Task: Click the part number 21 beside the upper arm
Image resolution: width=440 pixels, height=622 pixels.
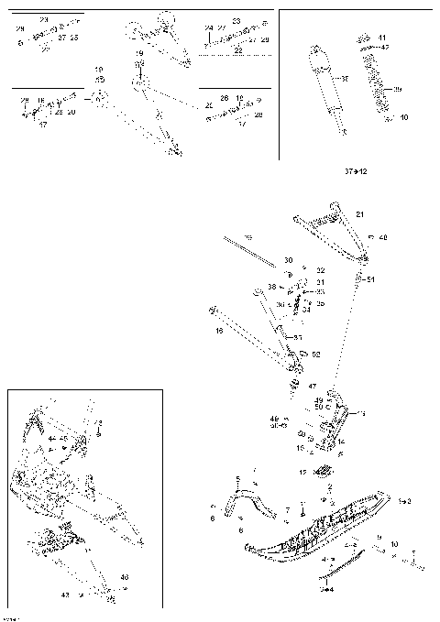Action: pos(359,213)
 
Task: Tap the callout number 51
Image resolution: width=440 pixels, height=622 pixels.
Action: pos(370,279)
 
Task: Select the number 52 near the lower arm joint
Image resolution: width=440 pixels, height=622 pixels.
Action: pos(315,355)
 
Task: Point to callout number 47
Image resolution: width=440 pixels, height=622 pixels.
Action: pos(312,387)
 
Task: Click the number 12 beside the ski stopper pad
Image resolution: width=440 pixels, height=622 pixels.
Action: pos(302,472)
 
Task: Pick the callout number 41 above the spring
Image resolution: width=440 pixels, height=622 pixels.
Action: pos(381,38)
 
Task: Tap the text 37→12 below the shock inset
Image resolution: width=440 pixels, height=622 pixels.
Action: pos(355,171)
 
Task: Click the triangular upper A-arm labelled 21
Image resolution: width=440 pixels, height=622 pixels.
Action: pos(330,234)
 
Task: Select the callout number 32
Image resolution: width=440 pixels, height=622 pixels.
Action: pos(320,270)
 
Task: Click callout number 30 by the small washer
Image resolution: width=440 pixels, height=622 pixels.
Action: pos(287,260)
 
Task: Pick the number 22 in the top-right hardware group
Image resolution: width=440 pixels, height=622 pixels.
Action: pos(238,51)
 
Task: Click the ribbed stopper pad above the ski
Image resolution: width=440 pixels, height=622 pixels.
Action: pos(323,473)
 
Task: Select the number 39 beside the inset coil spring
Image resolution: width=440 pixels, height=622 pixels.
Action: pos(397,89)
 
